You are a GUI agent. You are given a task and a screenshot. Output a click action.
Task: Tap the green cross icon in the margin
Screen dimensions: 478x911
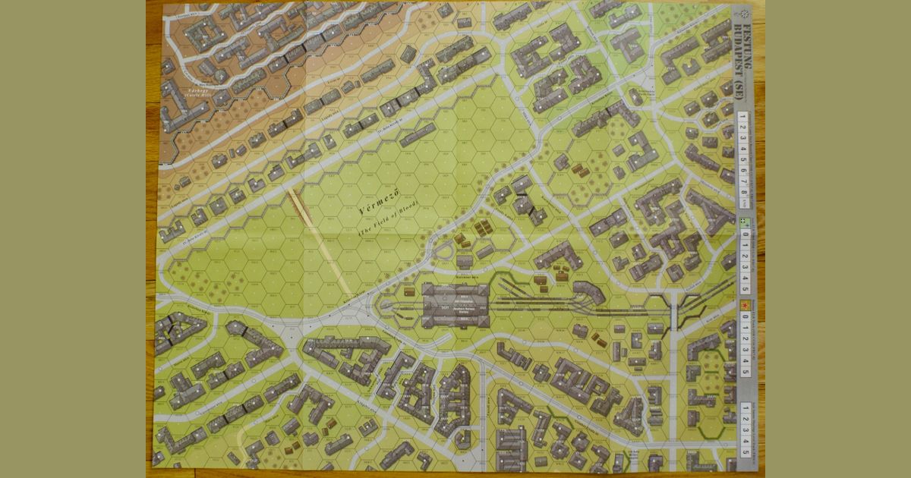[745, 222]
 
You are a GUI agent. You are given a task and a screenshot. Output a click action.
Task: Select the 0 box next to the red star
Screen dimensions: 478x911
[745, 322]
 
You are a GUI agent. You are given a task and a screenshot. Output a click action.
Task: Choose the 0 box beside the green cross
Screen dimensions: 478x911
[745, 235]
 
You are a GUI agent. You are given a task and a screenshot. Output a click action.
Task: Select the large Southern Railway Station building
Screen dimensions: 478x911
[456, 306]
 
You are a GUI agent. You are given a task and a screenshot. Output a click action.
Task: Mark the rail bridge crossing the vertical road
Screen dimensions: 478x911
[673, 308]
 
